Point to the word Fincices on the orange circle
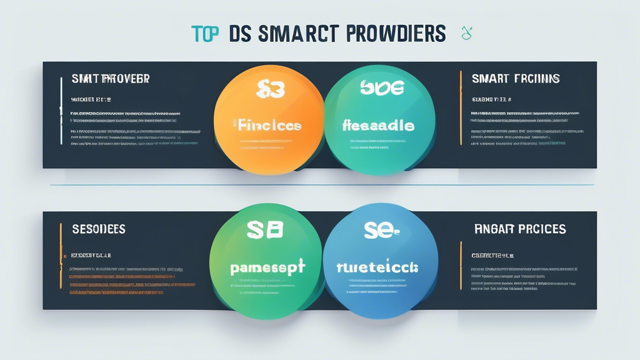[x=269, y=125]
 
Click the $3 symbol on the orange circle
[x=270, y=90]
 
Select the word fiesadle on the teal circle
[x=379, y=126]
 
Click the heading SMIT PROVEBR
[x=111, y=79]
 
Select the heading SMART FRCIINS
[x=516, y=79]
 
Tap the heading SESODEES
[x=99, y=229]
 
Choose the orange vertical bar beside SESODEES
[x=61, y=256]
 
